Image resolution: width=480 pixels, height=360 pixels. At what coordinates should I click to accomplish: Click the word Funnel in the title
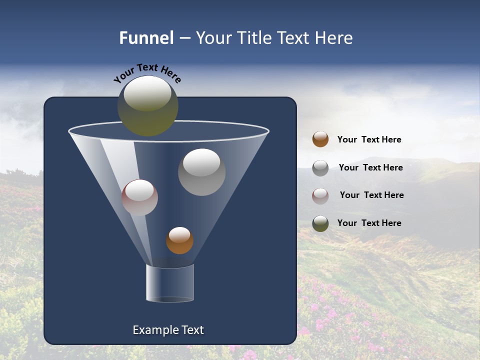pyautogui.click(x=146, y=38)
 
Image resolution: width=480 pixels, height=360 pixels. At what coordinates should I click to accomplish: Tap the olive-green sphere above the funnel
pyautogui.click(x=147, y=106)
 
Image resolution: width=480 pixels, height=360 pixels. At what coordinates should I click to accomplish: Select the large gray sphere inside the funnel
pyautogui.click(x=201, y=172)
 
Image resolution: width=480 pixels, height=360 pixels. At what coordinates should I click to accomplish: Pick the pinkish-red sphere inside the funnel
pyautogui.click(x=139, y=197)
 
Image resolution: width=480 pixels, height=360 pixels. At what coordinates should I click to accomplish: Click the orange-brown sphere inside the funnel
pyautogui.click(x=179, y=240)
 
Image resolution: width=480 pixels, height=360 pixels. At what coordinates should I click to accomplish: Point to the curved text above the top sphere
pyautogui.click(x=147, y=73)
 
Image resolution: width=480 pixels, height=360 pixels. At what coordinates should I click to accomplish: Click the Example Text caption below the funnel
pyautogui.click(x=168, y=330)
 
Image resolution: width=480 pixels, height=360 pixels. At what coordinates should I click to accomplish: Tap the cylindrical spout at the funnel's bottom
pyautogui.click(x=170, y=283)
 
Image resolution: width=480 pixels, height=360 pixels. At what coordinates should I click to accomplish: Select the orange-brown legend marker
pyautogui.click(x=320, y=139)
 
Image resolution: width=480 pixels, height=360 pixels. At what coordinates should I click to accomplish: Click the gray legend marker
pyautogui.click(x=320, y=168)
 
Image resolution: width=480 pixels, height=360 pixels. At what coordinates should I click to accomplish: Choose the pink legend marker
pyautogui.click(x=320, y=196)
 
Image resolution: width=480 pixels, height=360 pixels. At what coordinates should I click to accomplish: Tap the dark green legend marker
pyautogui.click(x=320, y=223)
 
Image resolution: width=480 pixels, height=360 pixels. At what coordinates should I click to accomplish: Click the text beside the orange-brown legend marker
pyautogui.click(x=369, y=140)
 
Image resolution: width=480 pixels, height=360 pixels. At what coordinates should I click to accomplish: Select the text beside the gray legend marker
pyautogui.click(x=370, y=168)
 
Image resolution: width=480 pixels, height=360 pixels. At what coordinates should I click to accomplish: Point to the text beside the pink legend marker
pyautogui.click(x=371, y=195)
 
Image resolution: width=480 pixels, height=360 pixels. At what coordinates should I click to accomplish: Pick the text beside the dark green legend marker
pyautogui.click(x=369, y=223)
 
